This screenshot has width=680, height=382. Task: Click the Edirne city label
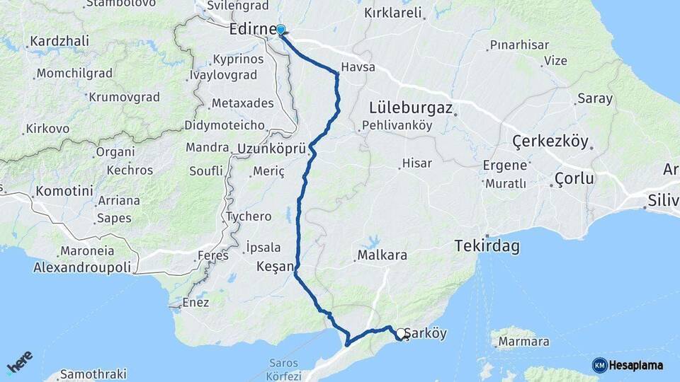251,30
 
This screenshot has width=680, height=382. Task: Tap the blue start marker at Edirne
280,30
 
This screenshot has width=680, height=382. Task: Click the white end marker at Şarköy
401,333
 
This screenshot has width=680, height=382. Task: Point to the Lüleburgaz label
411,108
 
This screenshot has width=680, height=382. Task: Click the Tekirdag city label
487,247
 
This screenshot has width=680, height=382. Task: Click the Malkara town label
382,255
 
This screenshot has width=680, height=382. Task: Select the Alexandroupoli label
82,268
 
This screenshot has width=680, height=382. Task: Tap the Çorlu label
574,178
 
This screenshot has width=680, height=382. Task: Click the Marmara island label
524,342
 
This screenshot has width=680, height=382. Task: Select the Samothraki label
93,374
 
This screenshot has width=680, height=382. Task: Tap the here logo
19,362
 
